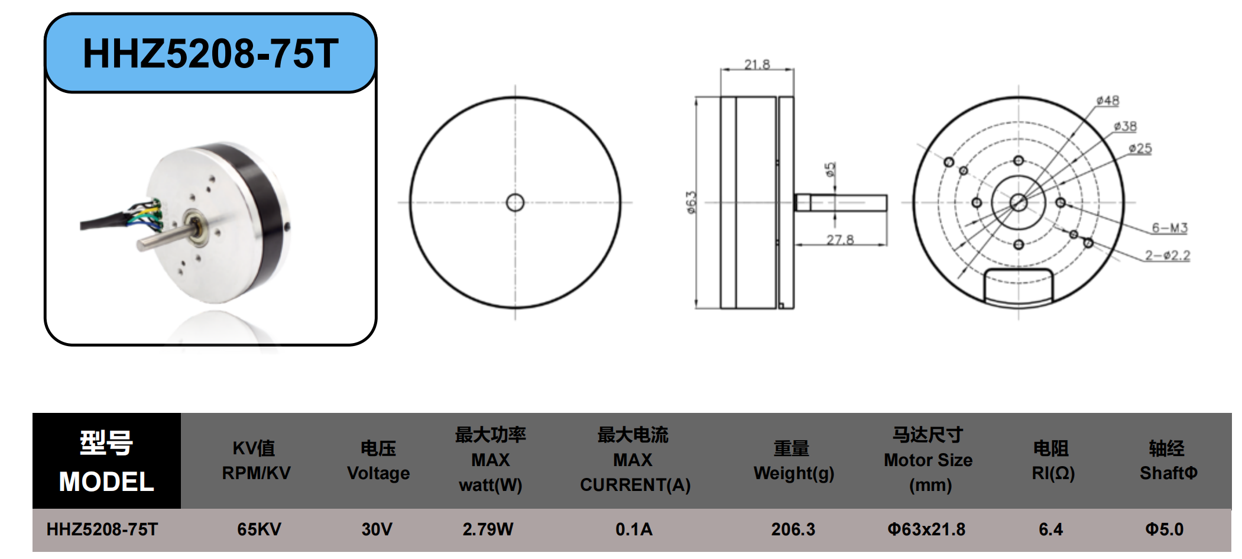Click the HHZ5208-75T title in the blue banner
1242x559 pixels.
pos(210,53)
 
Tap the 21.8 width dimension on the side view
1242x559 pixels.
pos(757,64)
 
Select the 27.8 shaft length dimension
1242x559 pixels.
pos(840,239)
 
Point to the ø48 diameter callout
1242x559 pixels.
pos(1107,101)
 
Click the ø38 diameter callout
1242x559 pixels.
pos(1124,126)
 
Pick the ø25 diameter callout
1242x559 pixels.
pos(1140,148)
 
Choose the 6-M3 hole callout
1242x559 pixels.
pos(1169,228)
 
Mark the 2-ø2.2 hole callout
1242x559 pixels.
pos(1168,255)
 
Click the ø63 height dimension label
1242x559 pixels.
pos(691,202)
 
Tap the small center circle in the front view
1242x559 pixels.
pos(515,202)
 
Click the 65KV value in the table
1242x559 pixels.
pos(259,529)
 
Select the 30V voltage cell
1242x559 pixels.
pos(377,529)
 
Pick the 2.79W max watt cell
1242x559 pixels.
pos(488,529)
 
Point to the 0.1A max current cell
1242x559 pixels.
pos(634,529)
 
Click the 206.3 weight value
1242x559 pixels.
pos(793,529)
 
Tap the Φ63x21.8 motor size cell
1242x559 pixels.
pos(926,529)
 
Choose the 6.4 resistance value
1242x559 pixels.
pos(1050,529)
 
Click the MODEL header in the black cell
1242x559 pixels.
pos(106,482)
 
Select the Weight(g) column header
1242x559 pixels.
pos(793,473)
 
